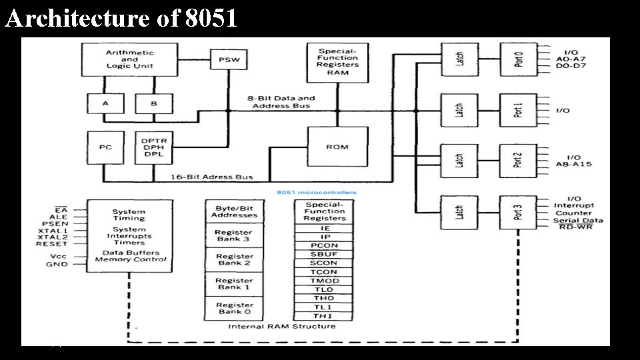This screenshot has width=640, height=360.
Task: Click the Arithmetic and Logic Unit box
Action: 129,59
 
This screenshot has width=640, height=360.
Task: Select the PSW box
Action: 229,60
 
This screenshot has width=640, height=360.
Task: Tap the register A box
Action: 105,103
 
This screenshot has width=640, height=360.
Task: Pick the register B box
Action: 153,103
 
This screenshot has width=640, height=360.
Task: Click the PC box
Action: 105,147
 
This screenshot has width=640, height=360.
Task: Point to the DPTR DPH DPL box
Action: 153,147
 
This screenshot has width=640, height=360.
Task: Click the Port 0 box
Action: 518,59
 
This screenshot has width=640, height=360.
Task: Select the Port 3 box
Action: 518,212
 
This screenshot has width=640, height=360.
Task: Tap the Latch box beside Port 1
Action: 459,110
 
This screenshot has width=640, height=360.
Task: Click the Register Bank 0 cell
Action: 234,308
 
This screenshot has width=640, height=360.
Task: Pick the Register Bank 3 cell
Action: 234,235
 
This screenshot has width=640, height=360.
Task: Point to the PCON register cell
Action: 325,245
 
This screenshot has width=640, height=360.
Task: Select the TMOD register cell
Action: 325,281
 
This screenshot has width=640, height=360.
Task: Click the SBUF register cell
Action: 325,254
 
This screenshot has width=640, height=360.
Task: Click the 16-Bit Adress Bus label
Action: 211,177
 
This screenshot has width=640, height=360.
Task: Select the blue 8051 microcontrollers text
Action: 316,193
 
